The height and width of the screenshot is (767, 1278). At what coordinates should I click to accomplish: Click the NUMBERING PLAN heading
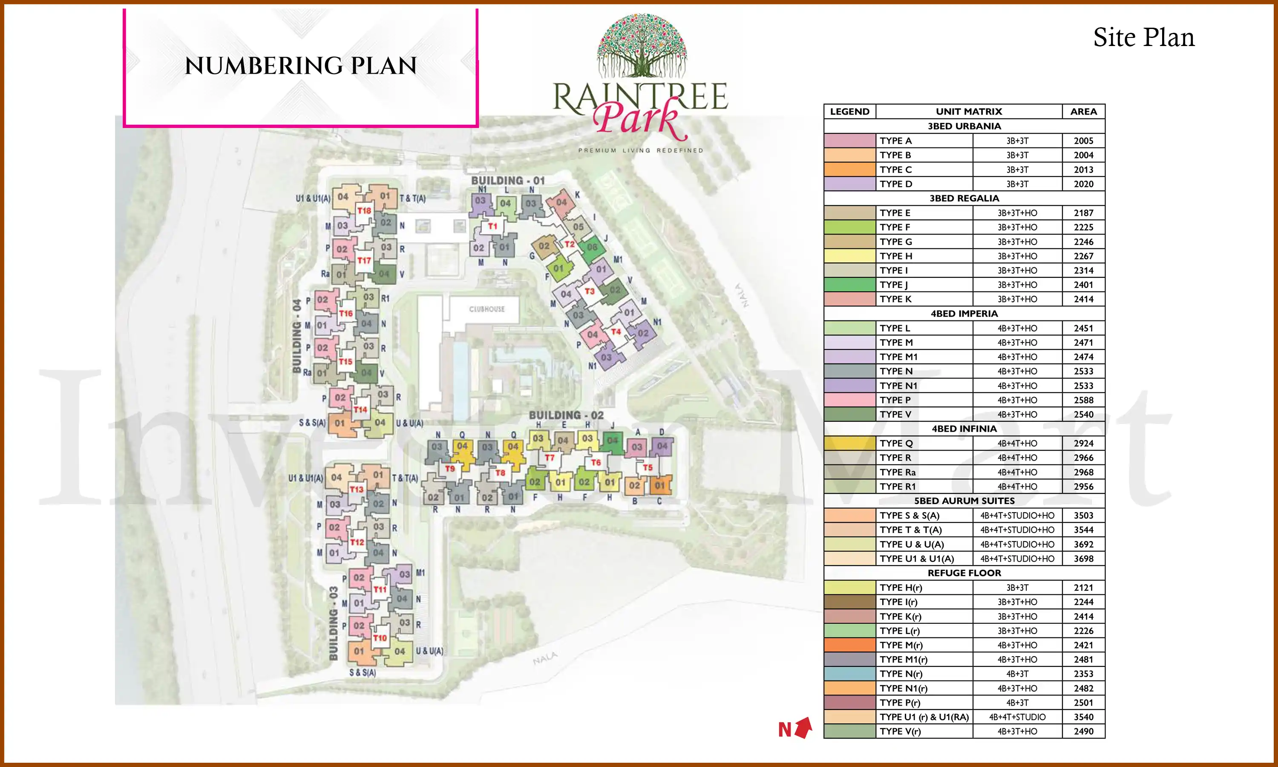click(x=301, y=66)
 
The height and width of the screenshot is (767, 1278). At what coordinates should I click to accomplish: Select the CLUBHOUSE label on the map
click(x=486, y=309)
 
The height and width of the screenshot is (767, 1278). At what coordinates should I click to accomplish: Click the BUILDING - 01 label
click(x=508, y=180)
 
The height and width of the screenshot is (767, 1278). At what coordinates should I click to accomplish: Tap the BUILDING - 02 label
click(x=566, y=415)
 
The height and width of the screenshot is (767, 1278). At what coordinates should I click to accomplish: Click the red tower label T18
click(x=364, y=211)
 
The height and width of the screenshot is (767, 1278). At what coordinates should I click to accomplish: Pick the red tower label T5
click(x=647, y=467)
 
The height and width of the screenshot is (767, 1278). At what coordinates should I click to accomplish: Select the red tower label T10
click(x=380, y=638)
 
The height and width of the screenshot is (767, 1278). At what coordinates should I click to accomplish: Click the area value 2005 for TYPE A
click(x=1083, y=141)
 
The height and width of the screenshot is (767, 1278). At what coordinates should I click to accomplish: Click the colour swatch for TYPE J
click(x=849, y=285)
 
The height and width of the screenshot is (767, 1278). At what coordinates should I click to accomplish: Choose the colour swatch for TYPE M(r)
click(x=849, y=645)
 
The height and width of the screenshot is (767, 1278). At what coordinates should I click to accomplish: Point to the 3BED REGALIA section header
click(x=964, y=199)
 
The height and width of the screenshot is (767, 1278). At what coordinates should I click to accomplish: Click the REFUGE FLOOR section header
click(x=964, y=573)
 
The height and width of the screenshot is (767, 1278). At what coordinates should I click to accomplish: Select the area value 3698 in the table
click(x=1083, y=559)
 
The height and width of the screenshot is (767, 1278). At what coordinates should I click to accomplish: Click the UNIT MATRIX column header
click(x=969, y=112)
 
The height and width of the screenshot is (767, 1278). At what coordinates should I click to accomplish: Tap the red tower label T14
click(x=360, y=409)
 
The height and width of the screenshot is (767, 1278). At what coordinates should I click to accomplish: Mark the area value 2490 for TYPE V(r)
click(x=1083, y=731)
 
